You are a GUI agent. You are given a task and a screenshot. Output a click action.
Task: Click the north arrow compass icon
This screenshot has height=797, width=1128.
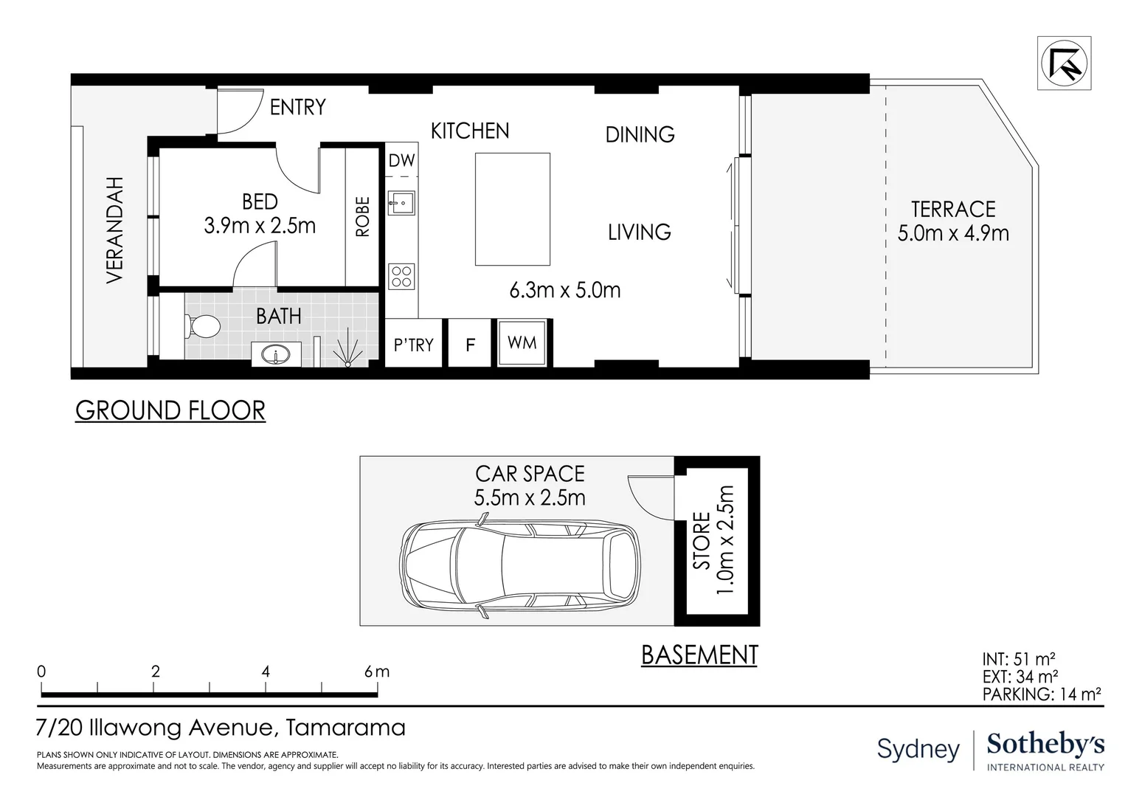click(1063, 63)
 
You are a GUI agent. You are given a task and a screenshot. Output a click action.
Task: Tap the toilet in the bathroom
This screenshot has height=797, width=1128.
click(204, 325)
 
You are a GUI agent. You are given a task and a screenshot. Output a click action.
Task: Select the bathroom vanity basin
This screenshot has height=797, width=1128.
click(276, 355)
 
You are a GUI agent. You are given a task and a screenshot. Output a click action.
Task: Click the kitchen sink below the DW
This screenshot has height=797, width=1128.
click(402, 202)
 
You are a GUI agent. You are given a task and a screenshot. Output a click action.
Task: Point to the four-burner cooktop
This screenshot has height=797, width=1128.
click(402, 277)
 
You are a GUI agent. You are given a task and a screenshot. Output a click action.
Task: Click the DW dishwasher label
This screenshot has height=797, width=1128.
click(402, 160)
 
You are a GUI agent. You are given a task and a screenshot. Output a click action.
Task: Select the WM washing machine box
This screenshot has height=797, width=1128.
click(522, 342)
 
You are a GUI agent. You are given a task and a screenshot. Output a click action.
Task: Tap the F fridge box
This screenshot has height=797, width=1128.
click(470, 345)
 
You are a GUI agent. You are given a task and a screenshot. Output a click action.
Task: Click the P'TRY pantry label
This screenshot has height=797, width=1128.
click(413, 345)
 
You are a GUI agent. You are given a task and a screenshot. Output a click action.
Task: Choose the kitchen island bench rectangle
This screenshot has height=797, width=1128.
click(513, 209)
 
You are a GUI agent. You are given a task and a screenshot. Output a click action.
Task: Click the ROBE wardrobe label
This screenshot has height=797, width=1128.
click(362, 216)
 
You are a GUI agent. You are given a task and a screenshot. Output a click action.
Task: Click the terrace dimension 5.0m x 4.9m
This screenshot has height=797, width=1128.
click(953, 233)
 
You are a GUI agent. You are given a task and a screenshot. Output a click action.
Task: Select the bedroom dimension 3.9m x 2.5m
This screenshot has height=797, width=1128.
click(260, 225)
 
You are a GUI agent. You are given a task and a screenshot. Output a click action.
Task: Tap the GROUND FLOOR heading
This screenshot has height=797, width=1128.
click(170, 410)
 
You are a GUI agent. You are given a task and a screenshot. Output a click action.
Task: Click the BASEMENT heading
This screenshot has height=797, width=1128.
click(699, 655)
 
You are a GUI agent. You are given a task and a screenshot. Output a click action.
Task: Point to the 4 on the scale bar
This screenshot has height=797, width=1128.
click(266, 672)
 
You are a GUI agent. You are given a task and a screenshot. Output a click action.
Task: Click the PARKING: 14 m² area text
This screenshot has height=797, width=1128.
click(1041, 694)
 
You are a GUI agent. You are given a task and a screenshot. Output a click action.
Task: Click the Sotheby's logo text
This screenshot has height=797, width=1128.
click(1045, 745)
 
